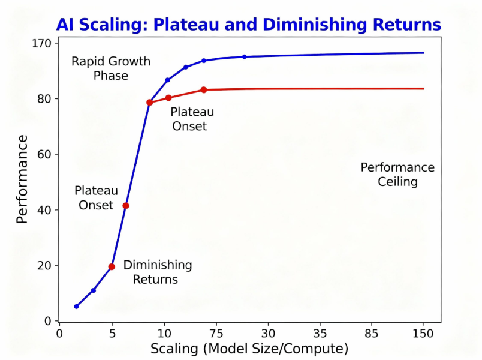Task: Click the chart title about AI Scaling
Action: click(x=248, y=25)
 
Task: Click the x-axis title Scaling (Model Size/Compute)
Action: click(x=249, y=349)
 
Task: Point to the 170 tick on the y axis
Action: click(x=45, y=43)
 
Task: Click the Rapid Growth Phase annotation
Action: click(x=111, y=68)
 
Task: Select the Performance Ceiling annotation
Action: click(x=397, y=175)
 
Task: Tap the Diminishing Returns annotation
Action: click(x=157, y=272)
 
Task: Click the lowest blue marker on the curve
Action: click(x=76, y=307)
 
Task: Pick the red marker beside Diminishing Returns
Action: click(x=112, y=266)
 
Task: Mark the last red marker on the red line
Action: click(x=204, y=90)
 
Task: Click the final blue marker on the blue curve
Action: click(x=244, y=57)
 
